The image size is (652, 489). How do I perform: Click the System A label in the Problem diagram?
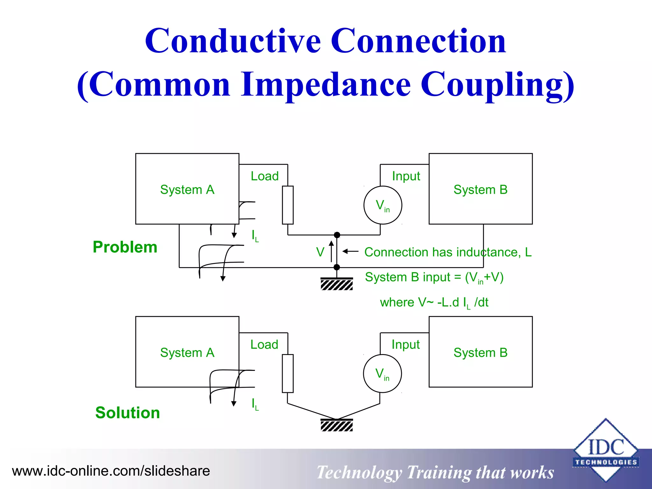point(187,190)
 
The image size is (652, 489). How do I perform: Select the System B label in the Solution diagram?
point(480,353)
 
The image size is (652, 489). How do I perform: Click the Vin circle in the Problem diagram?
point(383,205)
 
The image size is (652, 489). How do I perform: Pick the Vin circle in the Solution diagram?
point(382,373)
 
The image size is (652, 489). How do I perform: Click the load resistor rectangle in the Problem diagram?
point(288,205)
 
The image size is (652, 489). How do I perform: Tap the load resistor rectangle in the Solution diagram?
point(288,373)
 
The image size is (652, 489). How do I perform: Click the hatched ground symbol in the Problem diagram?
point(337,284)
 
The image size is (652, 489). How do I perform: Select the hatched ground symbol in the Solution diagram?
point(337,425)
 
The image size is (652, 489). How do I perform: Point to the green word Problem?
point(125,247)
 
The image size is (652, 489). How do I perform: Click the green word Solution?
point(127,413)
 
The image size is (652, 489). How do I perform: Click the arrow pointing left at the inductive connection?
point(351,252)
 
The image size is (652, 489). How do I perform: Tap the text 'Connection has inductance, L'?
point(448,252)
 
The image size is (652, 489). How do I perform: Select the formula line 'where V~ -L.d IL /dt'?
point(434,302)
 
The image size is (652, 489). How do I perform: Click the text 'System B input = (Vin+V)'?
point(434,277)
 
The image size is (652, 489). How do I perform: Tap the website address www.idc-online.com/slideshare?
point(111,471)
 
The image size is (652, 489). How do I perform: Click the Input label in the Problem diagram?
point(406,176)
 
